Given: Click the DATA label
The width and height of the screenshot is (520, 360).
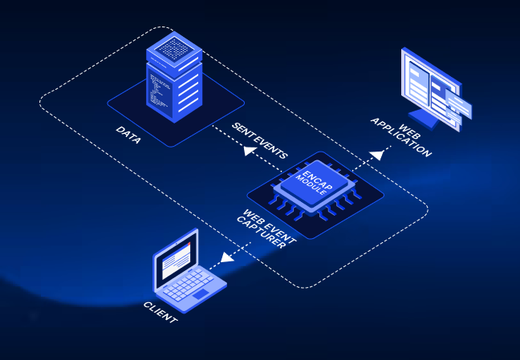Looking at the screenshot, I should (128, 135).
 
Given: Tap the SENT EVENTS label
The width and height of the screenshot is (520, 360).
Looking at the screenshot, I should (259, 141).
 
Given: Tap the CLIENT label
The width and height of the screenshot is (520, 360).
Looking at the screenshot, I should (160, 315).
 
